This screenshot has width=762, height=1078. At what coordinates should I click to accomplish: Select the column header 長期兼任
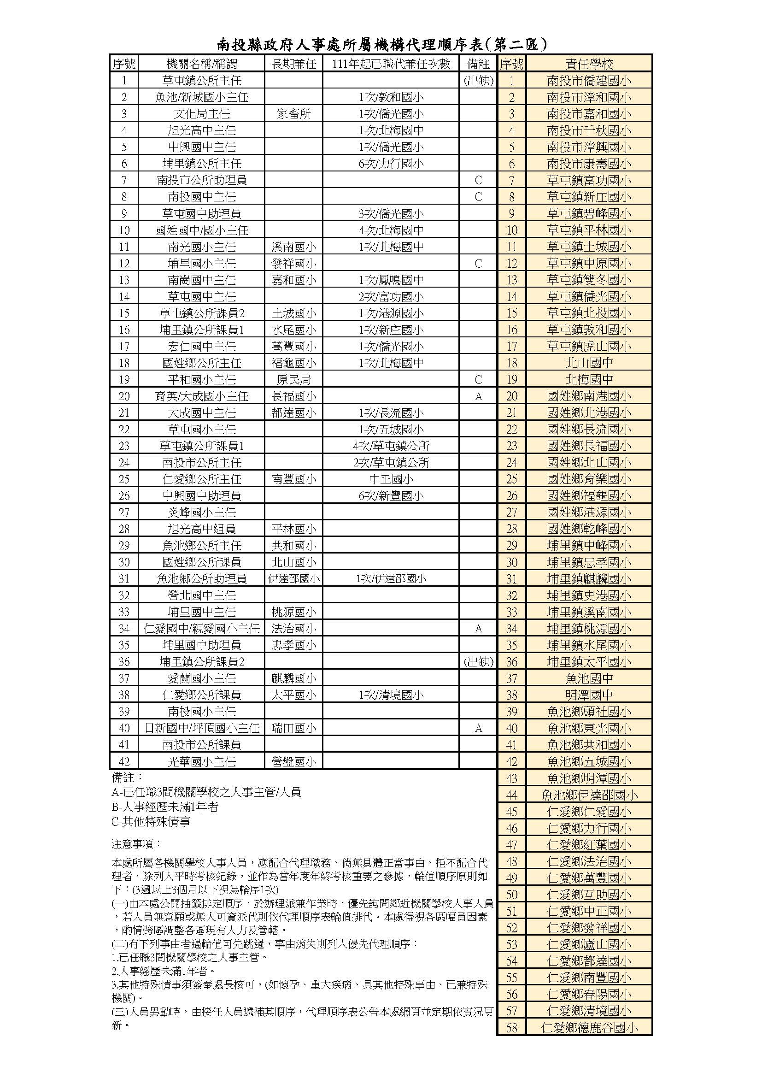(x=294, y=64)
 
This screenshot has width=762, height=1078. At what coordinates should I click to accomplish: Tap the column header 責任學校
(x=589, y=64)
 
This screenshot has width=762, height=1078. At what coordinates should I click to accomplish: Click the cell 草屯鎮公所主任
(x=202, y=81)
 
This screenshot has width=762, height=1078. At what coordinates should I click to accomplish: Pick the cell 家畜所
(x=294, y=114)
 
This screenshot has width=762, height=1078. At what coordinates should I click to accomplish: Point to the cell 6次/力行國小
(x=391, y=164)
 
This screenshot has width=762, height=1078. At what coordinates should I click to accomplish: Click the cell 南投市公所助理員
(x=202, y=180)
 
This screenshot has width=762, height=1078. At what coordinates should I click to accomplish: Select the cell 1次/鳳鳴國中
(x=391, y=280)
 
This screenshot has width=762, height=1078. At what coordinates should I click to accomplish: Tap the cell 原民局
(x=294, y=380)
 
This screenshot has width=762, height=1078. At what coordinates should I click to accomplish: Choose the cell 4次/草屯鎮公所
(x=391, y=446)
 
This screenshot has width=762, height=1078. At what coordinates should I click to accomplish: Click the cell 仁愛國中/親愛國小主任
(x=202, y=629)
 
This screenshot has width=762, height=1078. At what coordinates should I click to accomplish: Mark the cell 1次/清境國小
(x=391, y=695)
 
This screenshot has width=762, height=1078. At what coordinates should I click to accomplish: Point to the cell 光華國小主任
(x=202, y=761)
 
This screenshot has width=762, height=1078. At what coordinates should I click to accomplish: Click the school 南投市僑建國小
(x=589, y=81)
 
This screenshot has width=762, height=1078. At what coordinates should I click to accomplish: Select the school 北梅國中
(x=589, y=379)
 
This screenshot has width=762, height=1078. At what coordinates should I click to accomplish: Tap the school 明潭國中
(x=589, y=695)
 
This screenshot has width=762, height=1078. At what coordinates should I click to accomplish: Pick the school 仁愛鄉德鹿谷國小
(x=589, y=1028)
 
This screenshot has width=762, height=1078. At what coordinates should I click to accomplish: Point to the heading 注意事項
(x=136, y=844)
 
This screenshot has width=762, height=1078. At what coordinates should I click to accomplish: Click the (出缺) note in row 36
(x=478, y=662)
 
